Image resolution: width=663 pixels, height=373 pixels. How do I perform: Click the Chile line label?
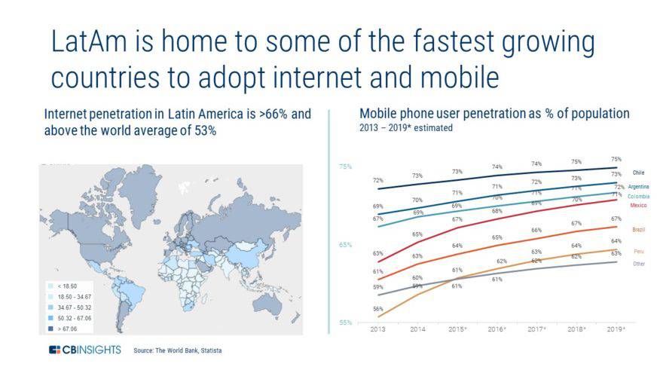[x=638, y=173]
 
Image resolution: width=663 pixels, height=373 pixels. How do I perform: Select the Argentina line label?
[x=639, y=186]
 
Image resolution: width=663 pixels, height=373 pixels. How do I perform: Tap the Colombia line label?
[x=639, y=196]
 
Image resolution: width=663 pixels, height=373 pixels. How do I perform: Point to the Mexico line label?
[x=639, y=205]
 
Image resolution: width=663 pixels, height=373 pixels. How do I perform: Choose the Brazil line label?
[x=638, y=229]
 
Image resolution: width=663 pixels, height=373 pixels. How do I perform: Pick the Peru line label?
[x=638, y=251]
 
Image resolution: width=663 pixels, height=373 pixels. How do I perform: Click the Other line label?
[x=638, y=264]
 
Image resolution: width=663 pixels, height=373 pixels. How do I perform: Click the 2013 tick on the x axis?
[x=377, y=329]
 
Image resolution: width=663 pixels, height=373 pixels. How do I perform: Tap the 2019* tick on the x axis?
[x=616, y=329]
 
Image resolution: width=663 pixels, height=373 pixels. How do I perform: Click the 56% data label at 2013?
[x=377, y=310]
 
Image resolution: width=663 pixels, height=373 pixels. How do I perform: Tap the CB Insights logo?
[x=84, y=350]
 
